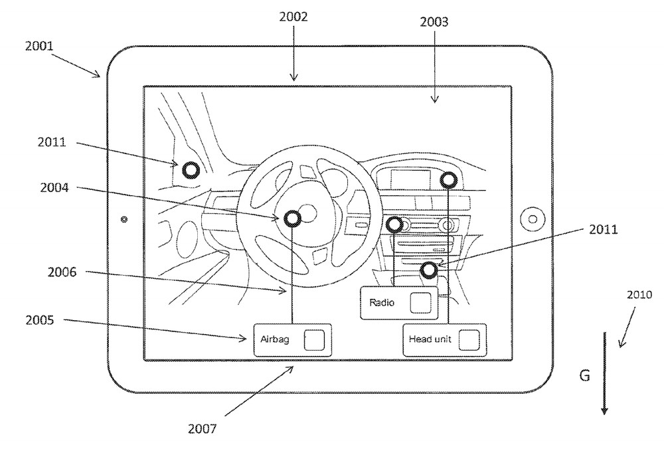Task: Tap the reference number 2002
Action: tap(293, 17)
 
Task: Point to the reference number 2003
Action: tap(434, 22)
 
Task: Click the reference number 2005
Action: tap(40, 319)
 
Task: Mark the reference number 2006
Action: tap(62, 272)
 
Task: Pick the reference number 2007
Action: tap(202, 428)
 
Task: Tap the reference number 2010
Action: tap(638, 294)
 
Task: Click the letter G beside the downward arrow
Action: tap(584, 376)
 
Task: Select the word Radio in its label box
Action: tap(382, 303)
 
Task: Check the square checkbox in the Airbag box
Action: tap(313, 339)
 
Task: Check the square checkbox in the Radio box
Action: tap(420, 302)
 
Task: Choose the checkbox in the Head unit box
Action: tap(469, 339)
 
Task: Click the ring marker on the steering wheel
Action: tap(293, 219)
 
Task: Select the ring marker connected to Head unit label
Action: tap(449, 179)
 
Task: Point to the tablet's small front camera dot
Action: tap(124, 219)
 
